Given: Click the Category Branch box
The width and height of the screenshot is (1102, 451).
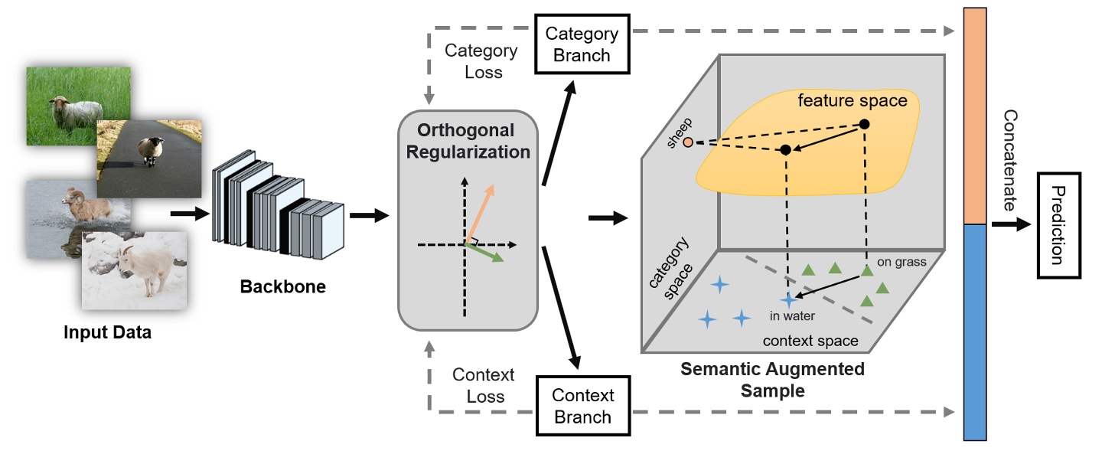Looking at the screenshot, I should click(582, 44).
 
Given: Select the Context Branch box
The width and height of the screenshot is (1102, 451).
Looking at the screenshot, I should click(583, 406).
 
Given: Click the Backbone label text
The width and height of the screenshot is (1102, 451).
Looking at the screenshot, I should click(282, 287).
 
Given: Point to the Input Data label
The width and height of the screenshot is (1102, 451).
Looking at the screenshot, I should click(107, 332).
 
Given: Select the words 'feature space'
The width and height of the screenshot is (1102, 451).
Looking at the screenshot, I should click(853, 100).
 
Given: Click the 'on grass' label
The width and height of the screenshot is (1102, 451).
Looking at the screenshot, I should click(901, 262).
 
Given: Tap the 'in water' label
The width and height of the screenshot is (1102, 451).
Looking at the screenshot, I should click(793, 315).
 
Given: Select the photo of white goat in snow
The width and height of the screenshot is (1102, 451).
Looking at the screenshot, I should click(135, 270).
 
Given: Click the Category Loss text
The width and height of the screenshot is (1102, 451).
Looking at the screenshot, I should click(481, 61).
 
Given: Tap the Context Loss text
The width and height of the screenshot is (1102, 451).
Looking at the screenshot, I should click(484, 385).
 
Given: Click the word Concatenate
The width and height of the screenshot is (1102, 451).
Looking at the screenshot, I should click(1010, 161).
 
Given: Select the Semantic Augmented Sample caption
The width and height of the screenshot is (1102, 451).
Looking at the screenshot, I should click(772, 380).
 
